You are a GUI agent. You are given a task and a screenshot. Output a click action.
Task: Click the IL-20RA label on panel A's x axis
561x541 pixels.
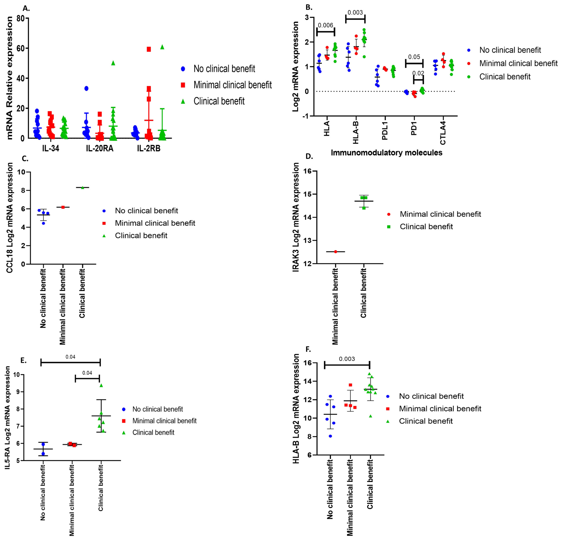pyautogui.click(x=100, y=148)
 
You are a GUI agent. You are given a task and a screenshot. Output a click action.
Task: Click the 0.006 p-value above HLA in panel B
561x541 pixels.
pyautogui.click(x=325, y=25)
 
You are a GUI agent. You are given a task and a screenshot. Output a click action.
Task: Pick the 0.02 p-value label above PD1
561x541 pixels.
pyautogui.click(x=418, y=73)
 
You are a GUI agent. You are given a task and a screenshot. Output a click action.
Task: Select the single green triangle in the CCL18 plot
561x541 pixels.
pyautogui.click(x=82, y=188)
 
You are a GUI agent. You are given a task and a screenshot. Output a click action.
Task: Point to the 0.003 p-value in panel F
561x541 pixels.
pyautogui.click(x=347, y=359)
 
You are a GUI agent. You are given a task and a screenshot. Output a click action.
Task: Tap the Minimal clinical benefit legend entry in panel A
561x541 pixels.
pyautogui.click(x=232, y=85)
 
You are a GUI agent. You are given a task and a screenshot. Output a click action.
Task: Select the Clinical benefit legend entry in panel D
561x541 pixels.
pyautogui.click(x=426, y=227)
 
